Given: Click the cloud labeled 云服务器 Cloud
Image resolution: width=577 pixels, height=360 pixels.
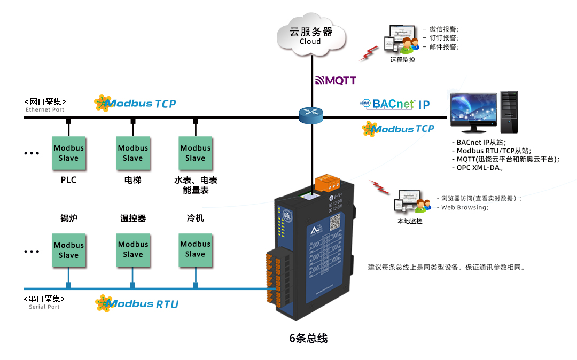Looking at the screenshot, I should pyautogui.click(x=310, y=35).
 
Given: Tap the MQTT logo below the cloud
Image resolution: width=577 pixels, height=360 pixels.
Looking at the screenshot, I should pyautogui.click(x=335, y=81).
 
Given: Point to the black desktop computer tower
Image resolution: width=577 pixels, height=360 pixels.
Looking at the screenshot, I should pyautogui.click(x=509, y=112).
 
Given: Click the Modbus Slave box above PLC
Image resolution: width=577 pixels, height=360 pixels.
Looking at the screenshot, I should pyautogui.click(x=68, y=153).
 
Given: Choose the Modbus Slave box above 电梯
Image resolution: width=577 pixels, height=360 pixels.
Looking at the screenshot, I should pyautogui.click(x=132, y=153).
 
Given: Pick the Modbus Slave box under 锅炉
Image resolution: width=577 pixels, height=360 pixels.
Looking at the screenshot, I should pyautogui.click(x=68, y=250).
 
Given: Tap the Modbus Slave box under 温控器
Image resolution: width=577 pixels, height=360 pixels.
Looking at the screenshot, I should pyautogui.click(x=132, y=249).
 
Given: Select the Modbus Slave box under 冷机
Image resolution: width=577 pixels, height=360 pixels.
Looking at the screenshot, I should pyautogui.click(x=195, y=249).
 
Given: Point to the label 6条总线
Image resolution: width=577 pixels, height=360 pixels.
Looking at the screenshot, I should pyautogui.click(x=308, y=338).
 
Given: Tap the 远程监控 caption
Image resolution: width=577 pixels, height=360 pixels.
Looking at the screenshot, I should pyautogui.click(x=402, y=60).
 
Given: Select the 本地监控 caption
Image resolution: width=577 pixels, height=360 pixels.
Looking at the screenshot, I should pyautogui.click(x=410, y=221).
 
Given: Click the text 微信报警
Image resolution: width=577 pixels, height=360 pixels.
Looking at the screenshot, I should pyautogui.click(x=443, y=29).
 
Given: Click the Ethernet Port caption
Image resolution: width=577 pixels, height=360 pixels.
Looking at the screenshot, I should pyautogui.click(x=45, y=110).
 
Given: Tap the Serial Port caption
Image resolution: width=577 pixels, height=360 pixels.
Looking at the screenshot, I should pyautogui.click(x=44, y=307).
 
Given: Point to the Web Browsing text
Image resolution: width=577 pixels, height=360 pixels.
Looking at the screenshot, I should pyautogui.click(x=464, y=207).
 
